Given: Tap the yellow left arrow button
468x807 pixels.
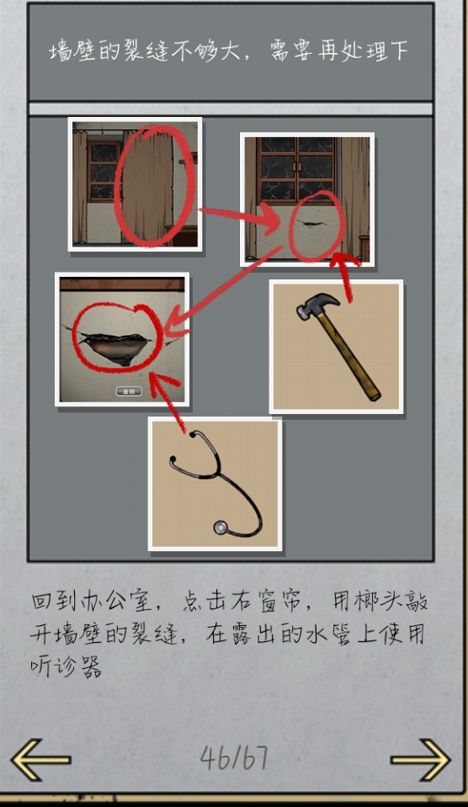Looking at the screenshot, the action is [x=40, y=759].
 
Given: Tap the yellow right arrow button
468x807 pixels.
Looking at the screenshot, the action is [x=420, y=759].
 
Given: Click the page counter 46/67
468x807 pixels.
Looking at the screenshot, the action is [x=234, y=757].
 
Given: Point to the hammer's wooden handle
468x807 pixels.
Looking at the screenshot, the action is [x=350, y=356].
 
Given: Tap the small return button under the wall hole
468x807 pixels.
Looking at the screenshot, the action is [x=129, y=391].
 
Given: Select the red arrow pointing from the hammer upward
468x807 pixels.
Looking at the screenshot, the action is [x=345, y=276].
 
